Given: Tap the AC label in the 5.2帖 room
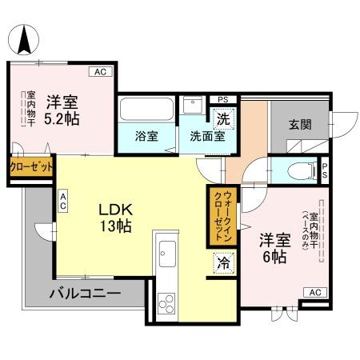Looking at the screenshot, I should [x=101, y=73].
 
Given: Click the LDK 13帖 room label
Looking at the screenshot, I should [x=114, y=217].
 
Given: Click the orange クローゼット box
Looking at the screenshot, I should [x=31, y=167].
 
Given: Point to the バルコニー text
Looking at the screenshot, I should [x=85, y=293].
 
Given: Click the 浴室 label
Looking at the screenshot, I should [x=146, y=135].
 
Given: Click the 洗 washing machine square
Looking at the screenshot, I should [x=225, y=115].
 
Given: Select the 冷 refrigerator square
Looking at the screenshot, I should [x=222, y=262].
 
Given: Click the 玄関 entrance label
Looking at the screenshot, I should [x=301, y=125].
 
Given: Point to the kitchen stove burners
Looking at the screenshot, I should [x=168, y=302].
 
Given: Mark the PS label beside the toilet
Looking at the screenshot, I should [x=325, y=170].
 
